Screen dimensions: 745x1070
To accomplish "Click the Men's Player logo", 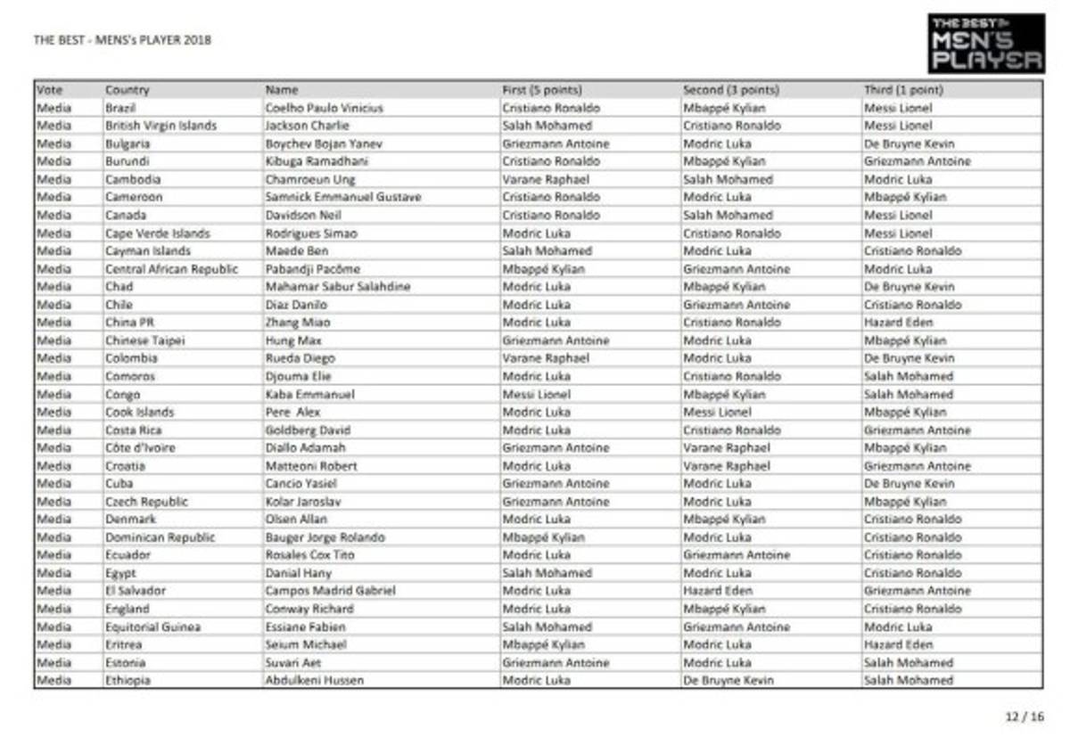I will (x=985, y=44).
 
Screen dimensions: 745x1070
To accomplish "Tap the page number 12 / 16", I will (x=1024, y=716).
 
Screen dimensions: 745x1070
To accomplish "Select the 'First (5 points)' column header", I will (x=542, y=90).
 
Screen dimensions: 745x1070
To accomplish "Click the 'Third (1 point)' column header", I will (x=903, y=90).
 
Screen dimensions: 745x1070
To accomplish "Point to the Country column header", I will (x=128, y=90).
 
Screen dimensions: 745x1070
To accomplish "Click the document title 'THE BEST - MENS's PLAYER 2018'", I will (x=122, y=40).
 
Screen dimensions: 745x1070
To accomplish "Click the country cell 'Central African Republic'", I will (x=171, y=269).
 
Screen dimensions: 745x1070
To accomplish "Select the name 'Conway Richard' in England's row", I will (x=309, y=609).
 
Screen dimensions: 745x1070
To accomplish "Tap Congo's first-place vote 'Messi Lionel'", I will (x=535, y=394).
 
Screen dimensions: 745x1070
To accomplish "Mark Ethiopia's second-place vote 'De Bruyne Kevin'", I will (x=728, y=680).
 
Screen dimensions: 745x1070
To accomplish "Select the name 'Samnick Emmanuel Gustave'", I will (x=343, y=197).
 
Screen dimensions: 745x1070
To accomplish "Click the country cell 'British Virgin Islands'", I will (x=160, y=126).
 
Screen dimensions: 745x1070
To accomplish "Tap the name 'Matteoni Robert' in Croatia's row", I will (x=311, y=466).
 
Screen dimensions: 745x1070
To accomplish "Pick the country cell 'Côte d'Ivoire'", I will (x=140, y=447).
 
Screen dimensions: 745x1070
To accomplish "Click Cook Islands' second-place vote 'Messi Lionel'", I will (x=718, y=412).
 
